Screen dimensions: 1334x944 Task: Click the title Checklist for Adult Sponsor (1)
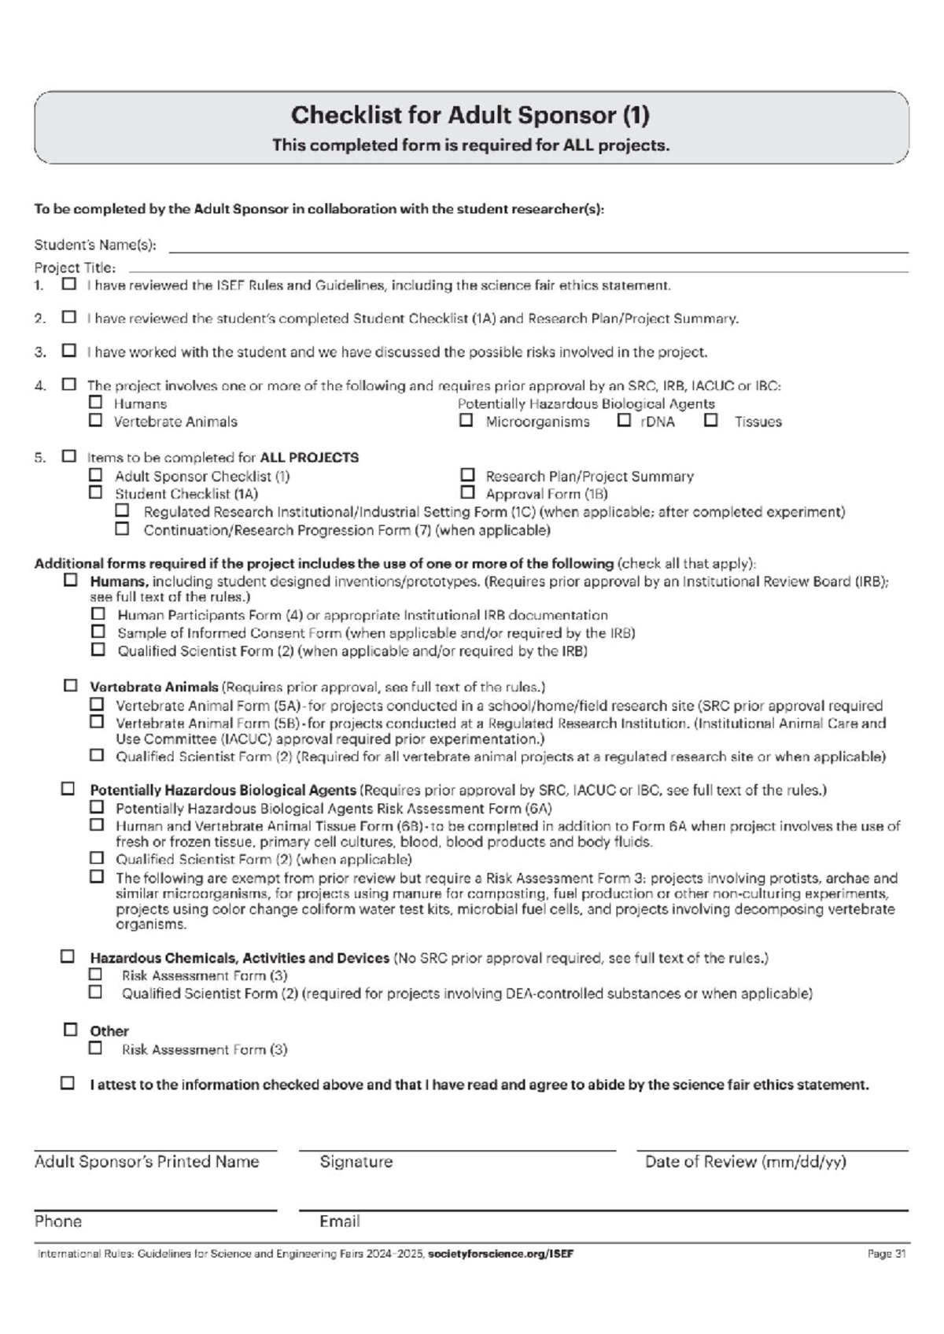pos(470,116)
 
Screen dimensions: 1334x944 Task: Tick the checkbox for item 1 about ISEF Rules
pos(69,284)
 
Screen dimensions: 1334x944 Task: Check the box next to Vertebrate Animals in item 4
pos(95,421)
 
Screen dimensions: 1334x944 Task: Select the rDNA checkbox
pos(624,421)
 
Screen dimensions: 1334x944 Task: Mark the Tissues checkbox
pos(711,421)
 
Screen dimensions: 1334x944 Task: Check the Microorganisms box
pos(466,421)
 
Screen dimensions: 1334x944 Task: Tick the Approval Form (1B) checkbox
pos(468,493)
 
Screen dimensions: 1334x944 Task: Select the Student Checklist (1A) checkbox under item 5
pos(95,493)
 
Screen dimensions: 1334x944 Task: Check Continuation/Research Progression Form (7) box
pos(122,529)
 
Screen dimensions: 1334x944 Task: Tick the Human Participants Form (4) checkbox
pos(98,614)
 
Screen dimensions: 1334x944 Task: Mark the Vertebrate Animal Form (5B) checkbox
pos(97,721)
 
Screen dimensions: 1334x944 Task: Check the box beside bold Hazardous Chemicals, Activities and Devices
pos(68,957)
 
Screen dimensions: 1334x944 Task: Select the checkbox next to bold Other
pos(71,1030)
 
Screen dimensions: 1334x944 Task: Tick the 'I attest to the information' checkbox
pos(68,1084)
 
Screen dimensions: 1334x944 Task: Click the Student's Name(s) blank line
pos(538,247)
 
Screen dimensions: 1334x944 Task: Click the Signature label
pos(356,1162)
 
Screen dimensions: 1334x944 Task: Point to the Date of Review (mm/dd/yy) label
pos(745,1162)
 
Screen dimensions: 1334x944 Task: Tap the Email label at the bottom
pos(339,1222)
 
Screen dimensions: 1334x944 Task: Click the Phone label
pos(58,1222)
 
